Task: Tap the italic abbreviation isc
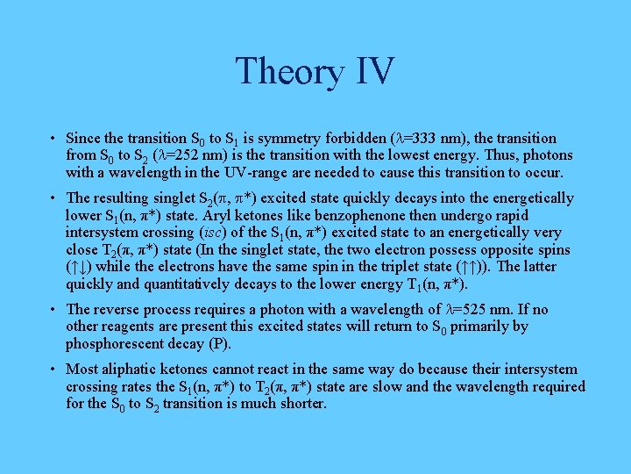pos(209,233)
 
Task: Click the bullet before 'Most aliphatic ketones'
pos(54,369)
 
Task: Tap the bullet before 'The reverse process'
pos(54,309)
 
